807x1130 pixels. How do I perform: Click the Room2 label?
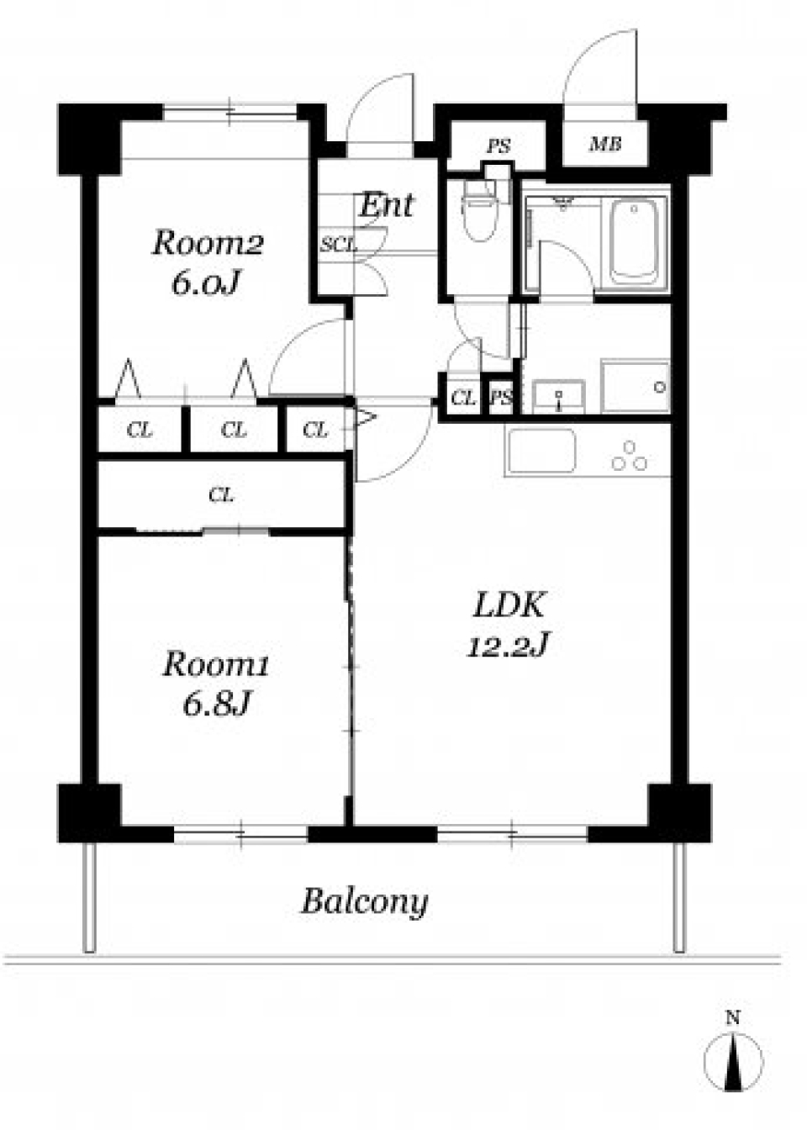[208, 244]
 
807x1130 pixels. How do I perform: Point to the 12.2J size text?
[508, 646]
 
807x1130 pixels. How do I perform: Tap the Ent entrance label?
[386, 204]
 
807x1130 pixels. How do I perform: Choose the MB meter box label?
[605, 145]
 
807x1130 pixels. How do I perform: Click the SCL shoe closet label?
[339, 246]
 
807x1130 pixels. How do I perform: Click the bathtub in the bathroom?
[635, 242]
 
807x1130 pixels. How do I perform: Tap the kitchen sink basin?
[541, 451]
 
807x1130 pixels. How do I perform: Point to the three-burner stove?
[630, 456]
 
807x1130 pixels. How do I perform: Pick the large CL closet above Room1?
[221, 495]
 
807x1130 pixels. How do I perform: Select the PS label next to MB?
[498, 146]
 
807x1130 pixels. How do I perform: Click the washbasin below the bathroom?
[559, 395]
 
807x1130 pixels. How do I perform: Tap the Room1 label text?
[215, 664]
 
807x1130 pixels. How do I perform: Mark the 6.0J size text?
[204, 284]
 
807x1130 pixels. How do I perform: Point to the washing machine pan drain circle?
[660, 388]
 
